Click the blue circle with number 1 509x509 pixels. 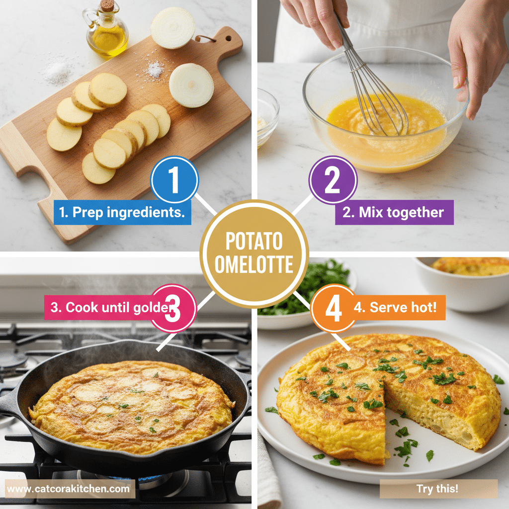click(x=173, y=180)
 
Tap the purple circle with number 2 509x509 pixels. click(x=333, y=180)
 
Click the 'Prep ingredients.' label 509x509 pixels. click(x=122, y=212)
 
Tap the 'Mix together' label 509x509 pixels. click(x=394, y=212)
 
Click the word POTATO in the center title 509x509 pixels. click(x=254, y=242)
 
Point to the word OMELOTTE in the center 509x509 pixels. click(x=254, y=265)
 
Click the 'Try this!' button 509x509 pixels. click(x=438, y=489)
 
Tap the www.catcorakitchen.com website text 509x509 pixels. click(x=69, y=489)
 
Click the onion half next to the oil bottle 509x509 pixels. click(x=173, y=27)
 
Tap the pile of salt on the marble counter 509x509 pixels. click(x=57, y=75)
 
